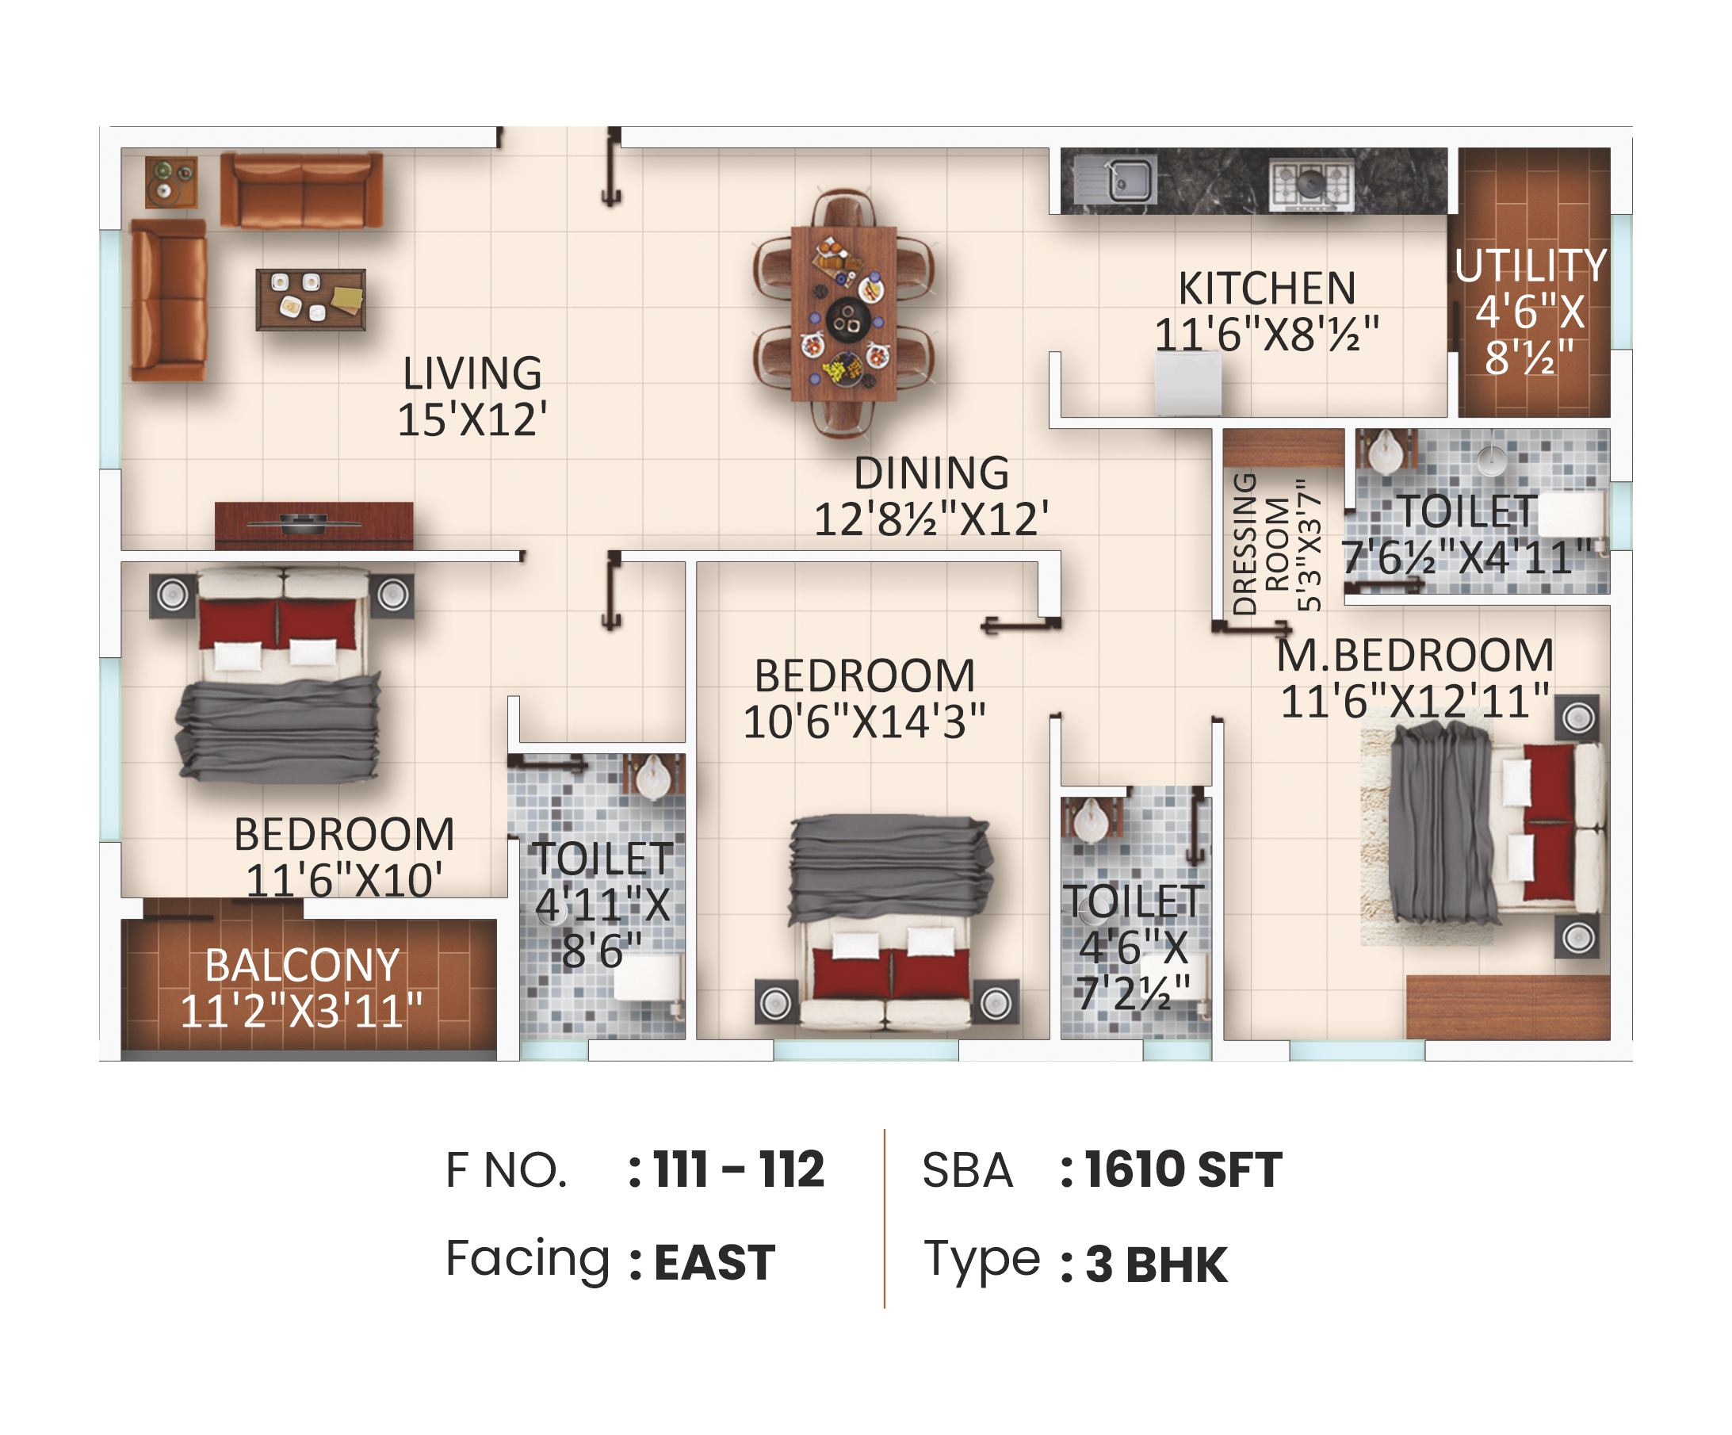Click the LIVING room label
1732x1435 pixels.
click(472, 373)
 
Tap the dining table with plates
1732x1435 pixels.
click(843, 313)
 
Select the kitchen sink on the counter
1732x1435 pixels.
click(1128, 179)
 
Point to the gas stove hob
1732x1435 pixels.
click(1310, 183)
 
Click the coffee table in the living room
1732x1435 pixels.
click(311, 300)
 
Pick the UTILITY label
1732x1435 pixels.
click(1531, 266)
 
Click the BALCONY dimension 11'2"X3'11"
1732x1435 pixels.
click(301, 1011)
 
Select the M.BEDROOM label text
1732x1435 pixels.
click(1415, 655)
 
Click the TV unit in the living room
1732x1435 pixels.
click(314, 526)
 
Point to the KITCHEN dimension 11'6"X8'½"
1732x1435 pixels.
click(1267, 335)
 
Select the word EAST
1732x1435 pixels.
click(714, 1263)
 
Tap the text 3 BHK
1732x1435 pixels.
click(1157, 1265)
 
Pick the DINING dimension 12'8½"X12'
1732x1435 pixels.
click(932, 519)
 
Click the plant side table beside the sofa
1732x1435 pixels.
click(171, 182)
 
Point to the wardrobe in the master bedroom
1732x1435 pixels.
click(1508, 1007)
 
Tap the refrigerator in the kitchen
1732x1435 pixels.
click(1187, 384)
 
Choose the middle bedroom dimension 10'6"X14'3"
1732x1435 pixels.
click(864, 721)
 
